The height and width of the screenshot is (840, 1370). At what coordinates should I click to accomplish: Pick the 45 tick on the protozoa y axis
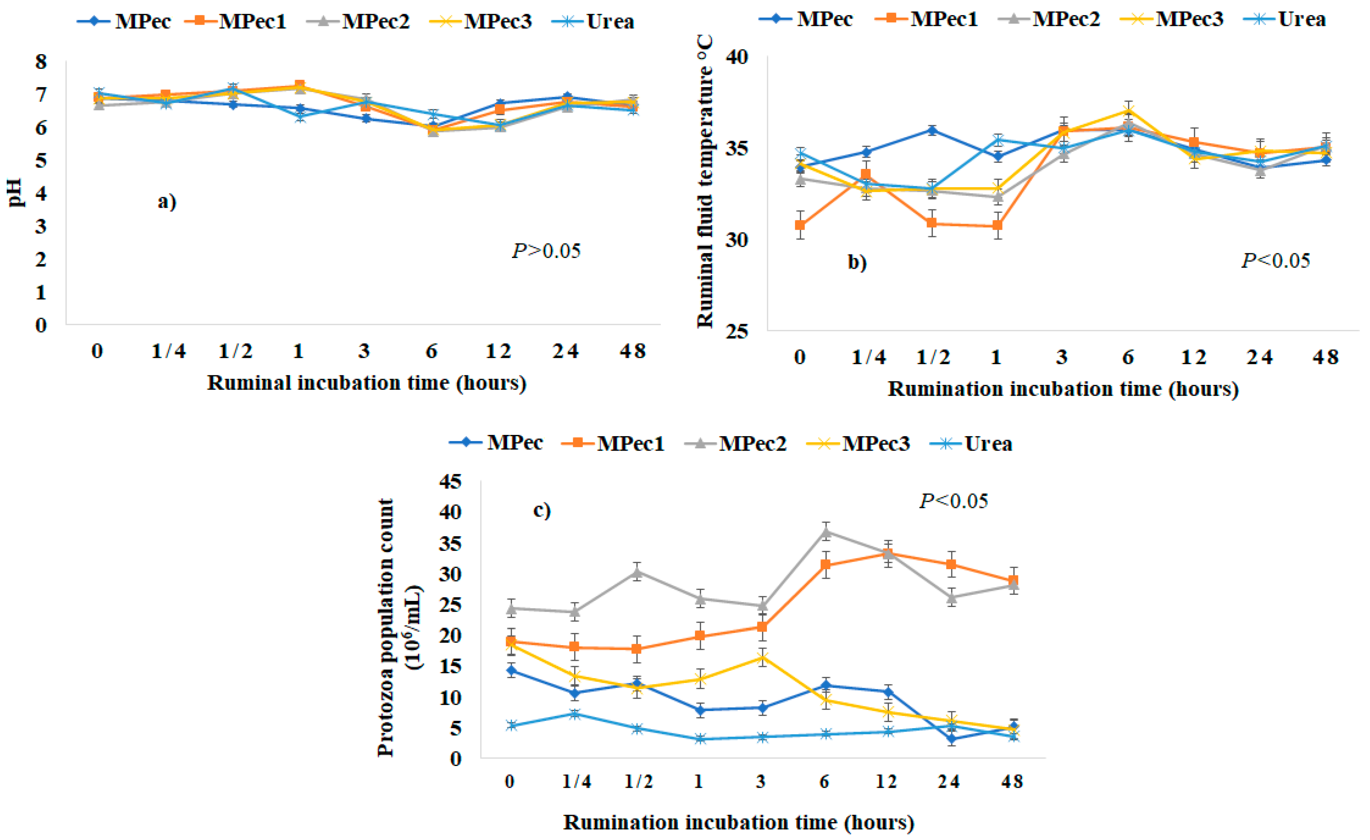(x=450, y=481)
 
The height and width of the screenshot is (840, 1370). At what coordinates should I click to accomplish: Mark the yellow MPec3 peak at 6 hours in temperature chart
(x=1128, y=110)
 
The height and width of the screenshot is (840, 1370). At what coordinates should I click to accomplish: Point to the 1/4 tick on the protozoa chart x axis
(x=576, y=782)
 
